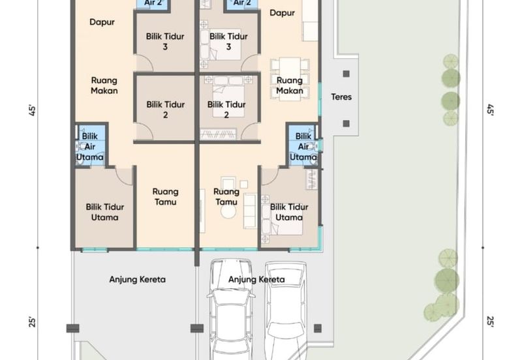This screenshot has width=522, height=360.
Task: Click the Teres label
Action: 341,97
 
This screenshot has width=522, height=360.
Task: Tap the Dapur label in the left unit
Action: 102,22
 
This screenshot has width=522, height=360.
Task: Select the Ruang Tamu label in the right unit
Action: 226,197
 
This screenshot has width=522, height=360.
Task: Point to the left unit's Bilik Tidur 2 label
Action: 166,110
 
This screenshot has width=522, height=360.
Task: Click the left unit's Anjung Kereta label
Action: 138,279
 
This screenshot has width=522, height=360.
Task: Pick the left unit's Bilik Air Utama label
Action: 90,146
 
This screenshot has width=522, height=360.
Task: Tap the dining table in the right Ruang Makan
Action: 290,79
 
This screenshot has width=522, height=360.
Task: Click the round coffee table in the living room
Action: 228,211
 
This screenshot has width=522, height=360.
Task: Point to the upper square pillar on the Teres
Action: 346,74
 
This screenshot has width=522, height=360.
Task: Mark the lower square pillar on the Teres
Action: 346,124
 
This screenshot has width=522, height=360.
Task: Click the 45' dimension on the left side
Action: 32,110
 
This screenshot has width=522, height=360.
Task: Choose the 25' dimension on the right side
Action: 490,321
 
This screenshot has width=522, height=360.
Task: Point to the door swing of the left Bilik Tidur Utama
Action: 124,176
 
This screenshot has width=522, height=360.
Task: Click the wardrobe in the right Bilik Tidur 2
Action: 218,134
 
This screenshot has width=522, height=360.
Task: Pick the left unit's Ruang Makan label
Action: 104,85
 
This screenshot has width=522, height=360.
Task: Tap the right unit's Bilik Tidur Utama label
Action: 289,212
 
